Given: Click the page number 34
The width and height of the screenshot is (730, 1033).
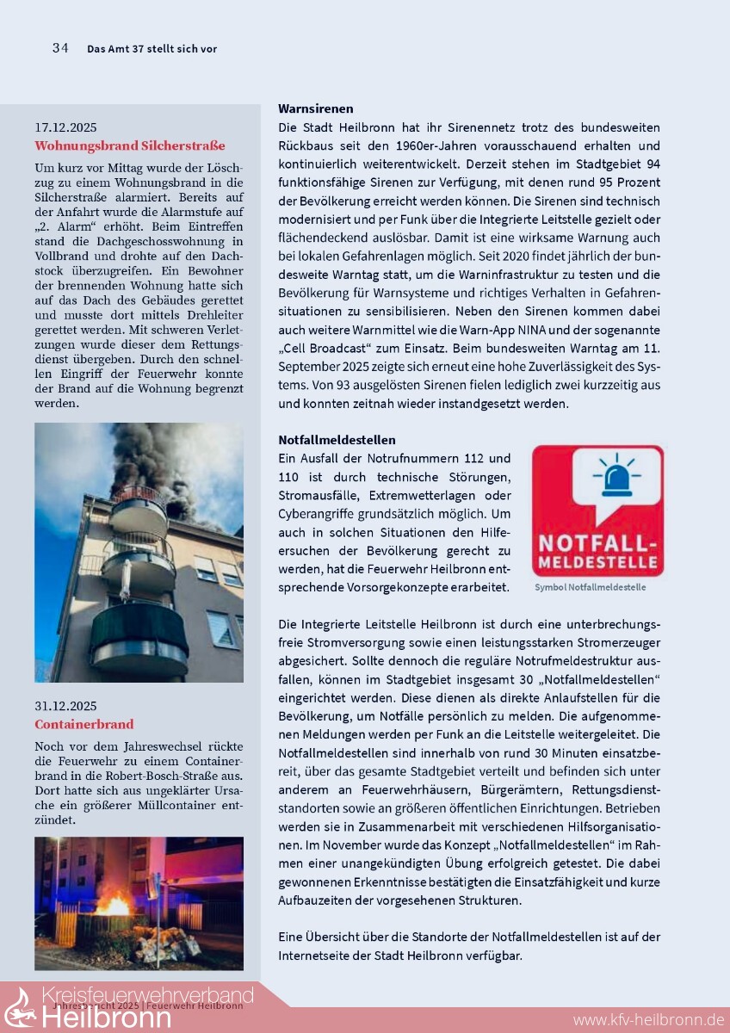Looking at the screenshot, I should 60,48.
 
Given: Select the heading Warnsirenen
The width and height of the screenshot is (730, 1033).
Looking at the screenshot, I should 316,108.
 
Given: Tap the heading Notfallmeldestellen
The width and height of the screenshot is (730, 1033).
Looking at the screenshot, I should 337,440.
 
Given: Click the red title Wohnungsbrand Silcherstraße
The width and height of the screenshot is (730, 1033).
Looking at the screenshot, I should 129,145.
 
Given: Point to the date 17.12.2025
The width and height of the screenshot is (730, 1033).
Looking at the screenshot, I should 65,127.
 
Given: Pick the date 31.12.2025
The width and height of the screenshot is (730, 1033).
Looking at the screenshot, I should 65,706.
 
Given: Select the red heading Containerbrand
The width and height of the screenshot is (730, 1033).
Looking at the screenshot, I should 84,725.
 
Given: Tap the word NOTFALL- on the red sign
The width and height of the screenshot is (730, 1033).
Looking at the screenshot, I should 597,544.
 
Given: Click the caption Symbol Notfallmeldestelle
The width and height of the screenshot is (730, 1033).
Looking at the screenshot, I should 590,587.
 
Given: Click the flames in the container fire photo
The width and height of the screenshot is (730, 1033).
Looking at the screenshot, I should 112,906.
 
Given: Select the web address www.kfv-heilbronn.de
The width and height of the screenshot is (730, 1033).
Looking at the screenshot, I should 648,1020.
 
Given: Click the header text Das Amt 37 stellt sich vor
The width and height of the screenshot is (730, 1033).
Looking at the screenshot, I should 152,49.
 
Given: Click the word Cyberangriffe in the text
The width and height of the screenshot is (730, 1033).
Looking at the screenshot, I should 316,513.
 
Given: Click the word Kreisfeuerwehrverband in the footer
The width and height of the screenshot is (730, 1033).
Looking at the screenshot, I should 147,997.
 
